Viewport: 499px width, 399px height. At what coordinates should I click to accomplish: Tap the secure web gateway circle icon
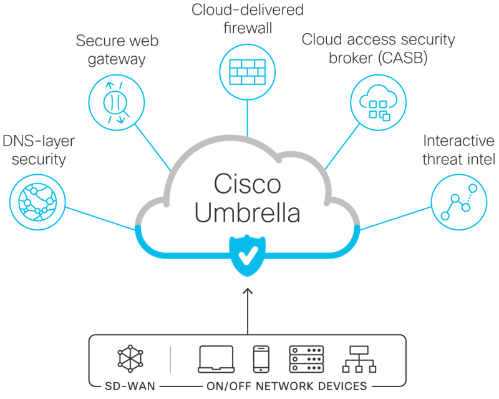[x=115, y=102]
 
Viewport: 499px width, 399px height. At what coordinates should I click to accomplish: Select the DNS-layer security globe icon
[x=36, y=199]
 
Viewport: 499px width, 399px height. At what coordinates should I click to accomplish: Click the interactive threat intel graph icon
[x=458, y=202]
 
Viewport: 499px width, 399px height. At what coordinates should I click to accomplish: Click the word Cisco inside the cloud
[x=247, y=184]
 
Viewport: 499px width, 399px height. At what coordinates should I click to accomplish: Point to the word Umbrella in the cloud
[x=247, y=212]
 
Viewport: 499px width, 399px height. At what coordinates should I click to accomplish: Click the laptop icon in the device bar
[x=216, y=359]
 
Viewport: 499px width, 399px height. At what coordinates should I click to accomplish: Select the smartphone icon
[x=260, y=359]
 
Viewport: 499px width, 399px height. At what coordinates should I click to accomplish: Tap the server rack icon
[x=306, y=359]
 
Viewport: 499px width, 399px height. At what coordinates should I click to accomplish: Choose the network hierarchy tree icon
[x=359, y=359]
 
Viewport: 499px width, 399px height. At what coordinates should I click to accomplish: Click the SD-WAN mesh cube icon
[x=131, y=359]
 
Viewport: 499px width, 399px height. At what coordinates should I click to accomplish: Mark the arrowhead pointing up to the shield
[x=248, y=290]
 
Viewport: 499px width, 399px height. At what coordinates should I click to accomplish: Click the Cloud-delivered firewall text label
[x=248, y=19]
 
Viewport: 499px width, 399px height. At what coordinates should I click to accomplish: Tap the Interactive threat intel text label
[x=458, y=150]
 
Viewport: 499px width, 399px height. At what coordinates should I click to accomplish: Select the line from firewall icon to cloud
[x=248, y=119]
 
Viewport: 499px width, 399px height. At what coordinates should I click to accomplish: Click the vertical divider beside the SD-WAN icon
[x=170, y=359]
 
